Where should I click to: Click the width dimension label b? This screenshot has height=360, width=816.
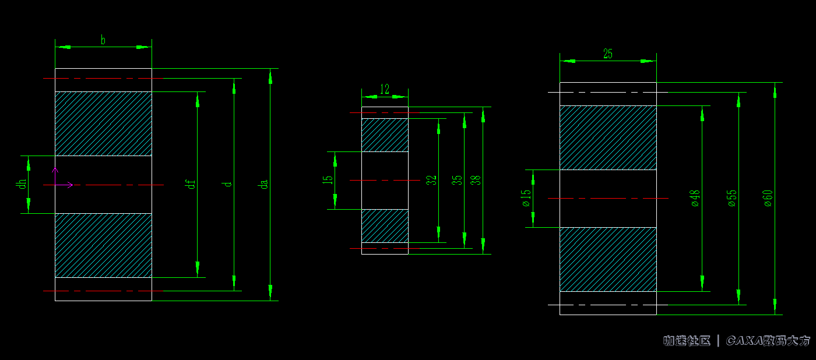(x=103, y=40)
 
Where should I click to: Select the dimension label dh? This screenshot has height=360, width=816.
(x=22, y=183)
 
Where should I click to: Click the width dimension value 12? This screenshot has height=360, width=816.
(x=385, y=89)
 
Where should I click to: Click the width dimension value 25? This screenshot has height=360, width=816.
(x=608, y=54)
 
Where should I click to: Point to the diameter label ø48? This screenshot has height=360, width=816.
(x=695, y=198)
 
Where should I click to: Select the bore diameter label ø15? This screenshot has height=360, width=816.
(x=526, y=198)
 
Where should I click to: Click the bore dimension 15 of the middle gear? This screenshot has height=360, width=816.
(x=328, y=180)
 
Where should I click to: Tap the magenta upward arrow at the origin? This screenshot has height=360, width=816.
(x=55, y=173)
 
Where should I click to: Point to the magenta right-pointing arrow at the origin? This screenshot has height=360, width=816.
(x=68, y=185)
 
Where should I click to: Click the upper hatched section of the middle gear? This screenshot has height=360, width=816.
(x=385, y=135)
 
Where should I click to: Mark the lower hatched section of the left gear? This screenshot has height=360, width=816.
(x=103, y=245)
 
